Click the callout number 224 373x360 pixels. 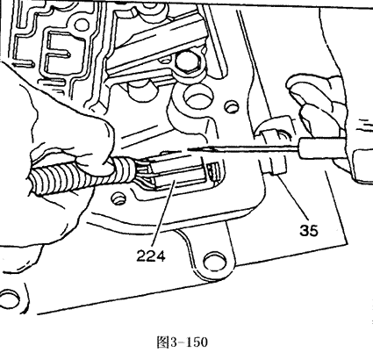[151, 256]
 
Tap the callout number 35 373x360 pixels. [309, 231]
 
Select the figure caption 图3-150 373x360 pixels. [182, 342]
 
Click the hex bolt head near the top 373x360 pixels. [187, 64]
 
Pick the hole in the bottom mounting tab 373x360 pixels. [215, 262]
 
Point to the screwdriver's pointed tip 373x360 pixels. [188, 149]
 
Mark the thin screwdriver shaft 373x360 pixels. [243, 149]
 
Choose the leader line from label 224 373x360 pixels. [164, 214]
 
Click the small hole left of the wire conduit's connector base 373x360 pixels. [118, 198]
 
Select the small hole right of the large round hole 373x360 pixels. [232, 106]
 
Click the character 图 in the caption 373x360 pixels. [162, 342]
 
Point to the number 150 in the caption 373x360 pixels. [196, 342]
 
